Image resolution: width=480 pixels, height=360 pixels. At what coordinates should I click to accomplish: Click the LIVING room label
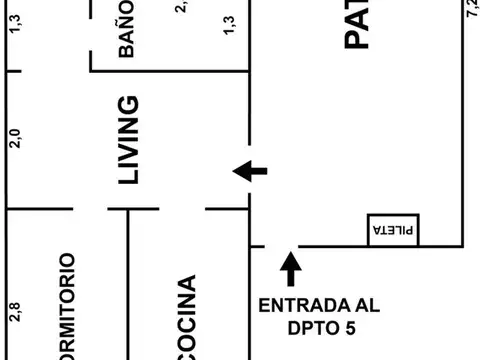tap(128, 140)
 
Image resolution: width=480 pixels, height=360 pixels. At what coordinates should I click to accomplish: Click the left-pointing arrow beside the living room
tap(250, 172)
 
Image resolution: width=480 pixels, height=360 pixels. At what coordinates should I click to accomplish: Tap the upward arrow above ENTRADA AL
tap(290, 266)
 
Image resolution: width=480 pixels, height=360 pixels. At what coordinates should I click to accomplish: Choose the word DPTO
tap(310, 326)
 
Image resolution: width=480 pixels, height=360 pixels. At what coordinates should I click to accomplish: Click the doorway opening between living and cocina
tap(182, 209)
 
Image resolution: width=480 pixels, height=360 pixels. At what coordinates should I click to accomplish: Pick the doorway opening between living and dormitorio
tap(92, 209)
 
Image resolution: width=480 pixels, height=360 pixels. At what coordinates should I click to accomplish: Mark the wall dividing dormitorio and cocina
tap(128, 290)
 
